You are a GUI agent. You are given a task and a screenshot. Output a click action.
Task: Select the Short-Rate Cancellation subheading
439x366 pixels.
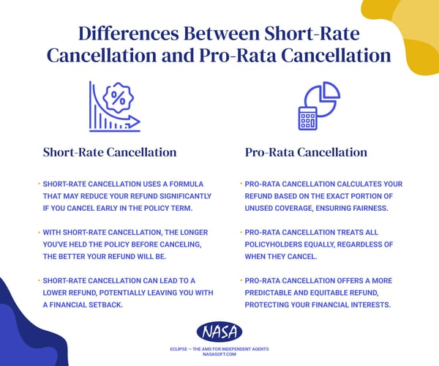click(110, 152)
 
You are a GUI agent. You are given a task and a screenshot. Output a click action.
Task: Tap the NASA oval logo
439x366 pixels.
click(219, 332)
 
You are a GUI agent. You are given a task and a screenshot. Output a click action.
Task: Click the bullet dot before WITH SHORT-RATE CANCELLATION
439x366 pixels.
click(39, 231)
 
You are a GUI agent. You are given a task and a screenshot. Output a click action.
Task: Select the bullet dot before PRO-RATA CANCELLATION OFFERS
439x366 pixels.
click(241, 280)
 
